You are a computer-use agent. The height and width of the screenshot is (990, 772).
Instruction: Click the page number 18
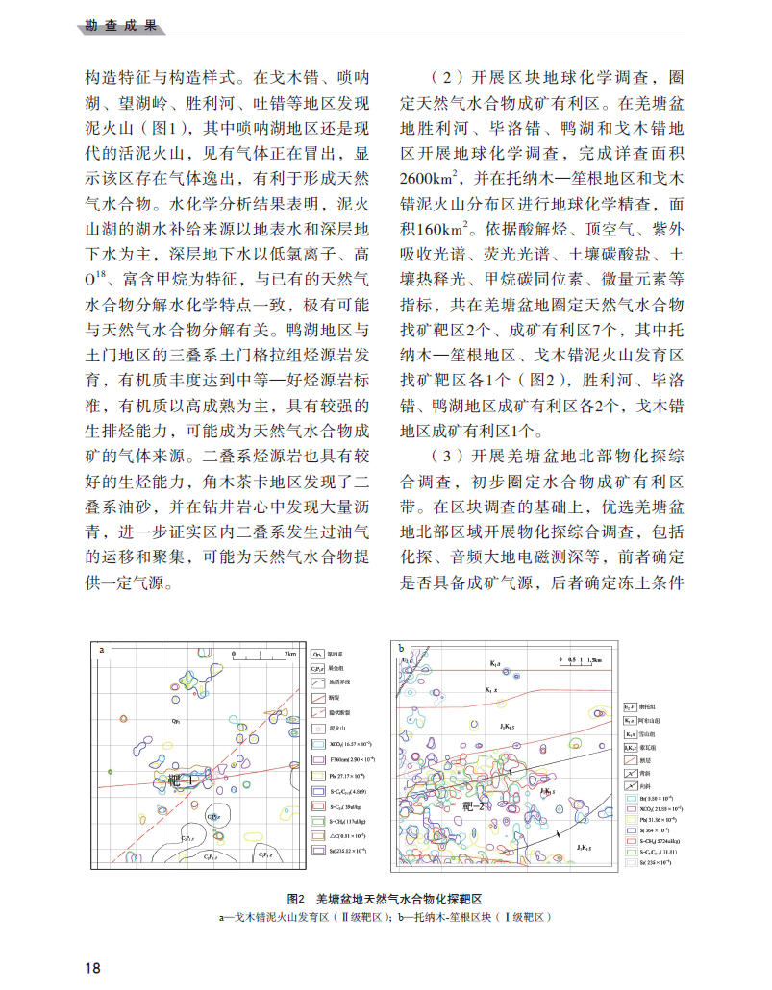(92, 967)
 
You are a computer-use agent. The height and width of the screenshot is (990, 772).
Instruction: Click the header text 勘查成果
(115, 26)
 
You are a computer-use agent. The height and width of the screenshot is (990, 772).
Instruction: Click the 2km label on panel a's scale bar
(291, 654)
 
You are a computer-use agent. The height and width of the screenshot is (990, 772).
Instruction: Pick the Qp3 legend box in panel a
(317, 653)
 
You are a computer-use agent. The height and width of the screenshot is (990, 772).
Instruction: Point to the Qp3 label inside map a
(177, 720)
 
